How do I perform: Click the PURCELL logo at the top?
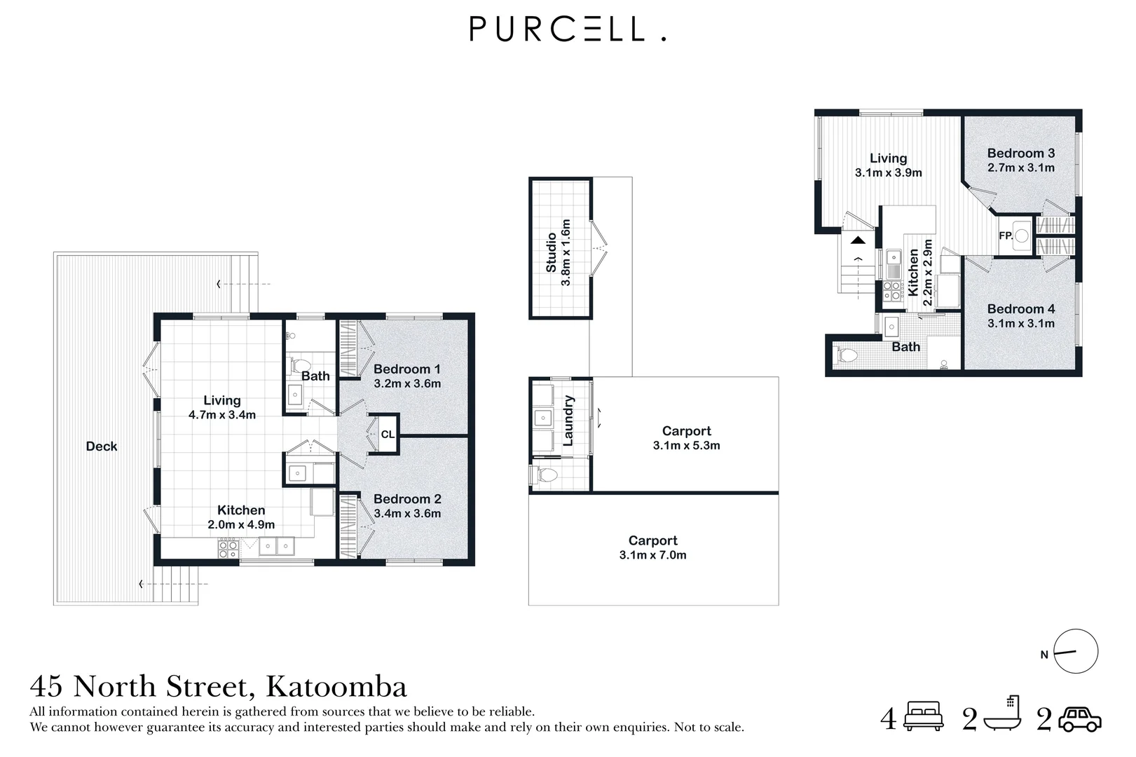click(x=567, y=29)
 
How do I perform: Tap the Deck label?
click(x=102, y=446)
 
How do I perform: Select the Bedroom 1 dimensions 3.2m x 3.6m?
click(x=407, y=383)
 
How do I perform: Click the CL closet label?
click(x=388, y=435)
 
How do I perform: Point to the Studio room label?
click(x=552, y=252)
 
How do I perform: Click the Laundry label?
click(x=568, y=421)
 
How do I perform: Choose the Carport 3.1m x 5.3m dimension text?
click(x=686, y=445)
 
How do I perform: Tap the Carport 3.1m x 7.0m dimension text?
click(x=652, y=555)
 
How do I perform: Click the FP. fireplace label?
click(x=1006, y=236)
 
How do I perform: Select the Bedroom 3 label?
click(x=1020, y=153)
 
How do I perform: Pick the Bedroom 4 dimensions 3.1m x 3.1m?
click(x=1020, y=323)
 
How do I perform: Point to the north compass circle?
click(x=1076, y=652)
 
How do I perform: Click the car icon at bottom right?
click(x=1080, y=719)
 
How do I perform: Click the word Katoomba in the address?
click(x=337, y=686)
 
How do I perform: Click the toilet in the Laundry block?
click(x=545, y=475)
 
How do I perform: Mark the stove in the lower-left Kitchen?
click(x=228, y=548)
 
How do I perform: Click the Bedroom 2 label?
click(x=407, y=499)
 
